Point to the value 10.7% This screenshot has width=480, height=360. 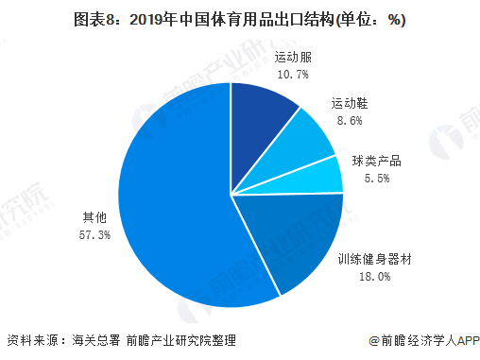294,74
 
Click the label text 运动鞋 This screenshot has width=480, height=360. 348,103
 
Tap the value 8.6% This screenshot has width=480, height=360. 348,120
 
